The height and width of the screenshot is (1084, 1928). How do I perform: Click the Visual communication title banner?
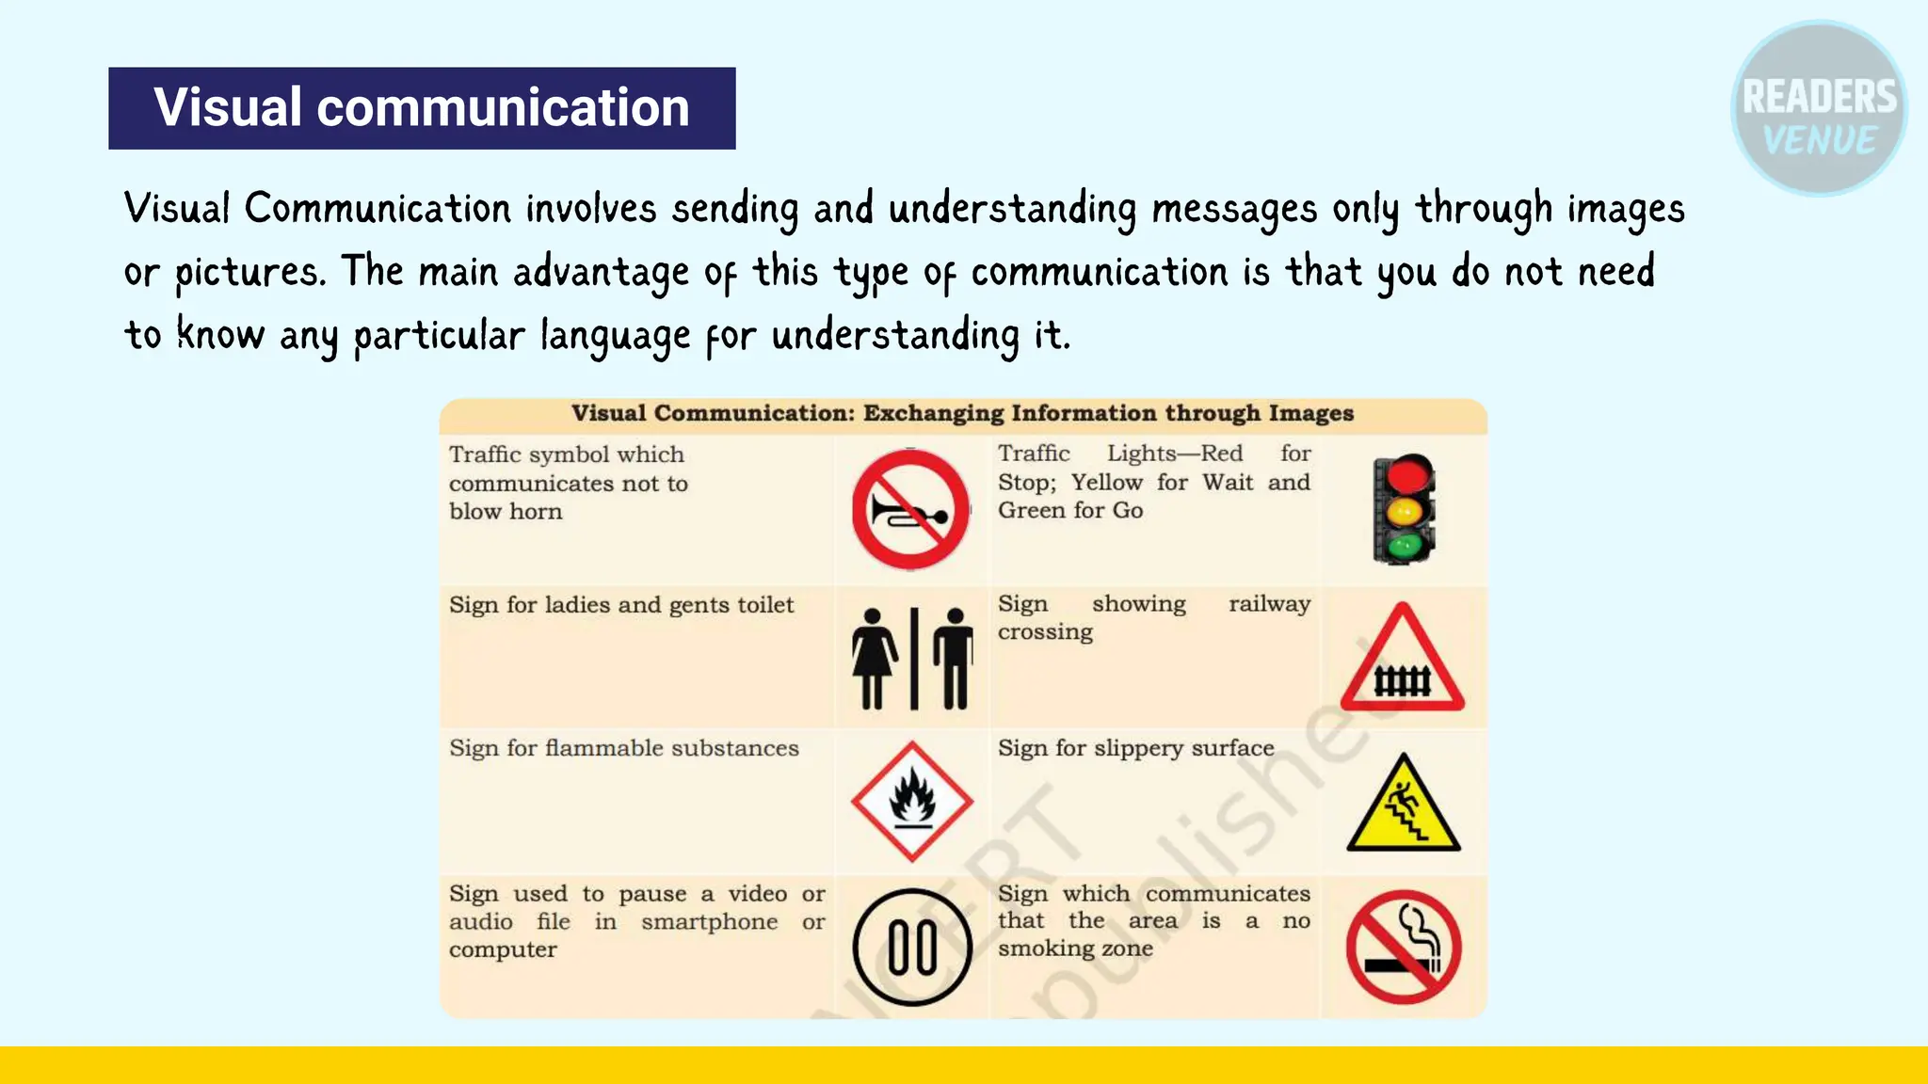(422, 108)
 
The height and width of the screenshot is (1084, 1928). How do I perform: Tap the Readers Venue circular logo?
(1818, 109)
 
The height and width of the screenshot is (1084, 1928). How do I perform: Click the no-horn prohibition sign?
(910, 510)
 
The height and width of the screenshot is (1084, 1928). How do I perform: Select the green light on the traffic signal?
(1405, 546)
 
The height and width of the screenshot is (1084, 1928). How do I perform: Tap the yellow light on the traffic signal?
(1405, 512)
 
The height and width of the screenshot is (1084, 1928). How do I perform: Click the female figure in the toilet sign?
(873, 657)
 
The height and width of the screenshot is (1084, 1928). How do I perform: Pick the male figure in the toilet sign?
(955, 657)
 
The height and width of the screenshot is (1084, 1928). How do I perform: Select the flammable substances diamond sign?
(911, 802)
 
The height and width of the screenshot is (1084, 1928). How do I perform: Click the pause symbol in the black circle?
(911, 947)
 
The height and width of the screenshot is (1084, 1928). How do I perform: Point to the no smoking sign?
(1403, 947)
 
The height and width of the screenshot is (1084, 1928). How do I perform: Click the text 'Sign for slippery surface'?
(1135, 748)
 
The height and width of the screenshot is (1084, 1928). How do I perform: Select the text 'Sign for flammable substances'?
(623, 748)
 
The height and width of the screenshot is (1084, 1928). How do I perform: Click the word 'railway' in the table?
(1269, 604)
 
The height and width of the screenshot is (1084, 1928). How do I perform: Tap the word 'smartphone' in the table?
(709, 922)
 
